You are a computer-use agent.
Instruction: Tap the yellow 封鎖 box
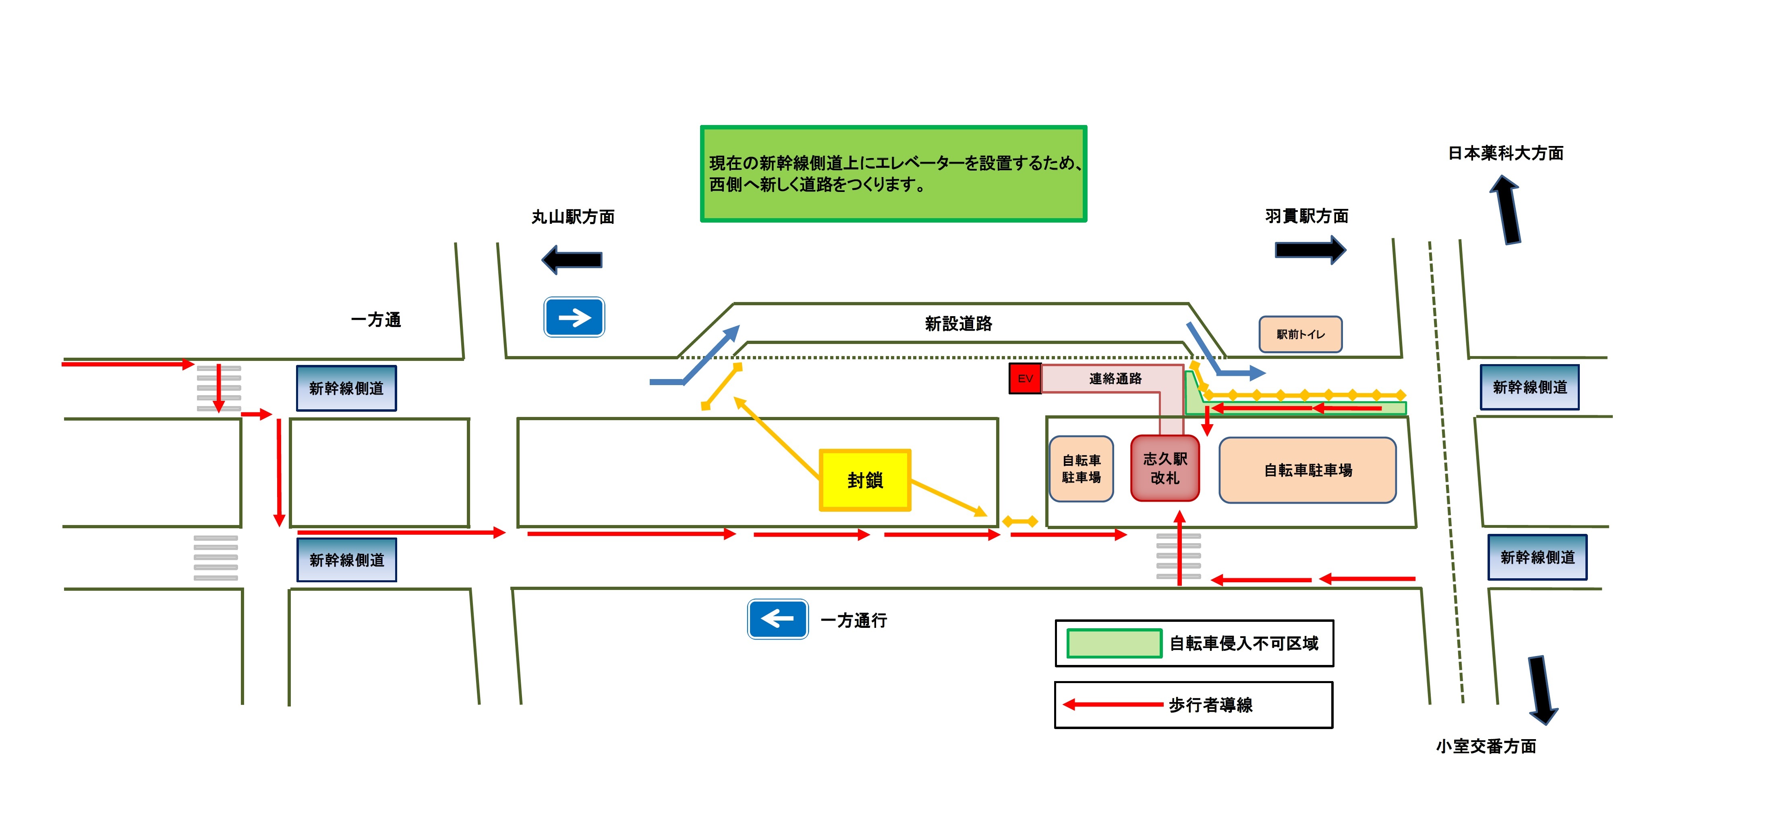click(x=865, y=480)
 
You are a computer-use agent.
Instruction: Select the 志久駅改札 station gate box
click(x=1165, y=468)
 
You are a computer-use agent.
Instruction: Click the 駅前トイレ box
click(x=1300, y=334)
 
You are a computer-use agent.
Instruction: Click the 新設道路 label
click(x=958, y=323)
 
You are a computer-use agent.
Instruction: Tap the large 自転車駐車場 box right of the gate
click(x=1307, y=470)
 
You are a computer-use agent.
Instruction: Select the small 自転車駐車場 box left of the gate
click(x=1081, y=469)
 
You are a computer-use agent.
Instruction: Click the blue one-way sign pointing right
click(x=574, y=317)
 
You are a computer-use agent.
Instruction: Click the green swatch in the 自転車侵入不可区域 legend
click(x=1114, y=643)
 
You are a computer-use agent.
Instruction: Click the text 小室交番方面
click(x=1486, y=746)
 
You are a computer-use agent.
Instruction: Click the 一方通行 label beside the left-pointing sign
click(x=854, y=620)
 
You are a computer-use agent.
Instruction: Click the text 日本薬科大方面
click(x=1506, y=153)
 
